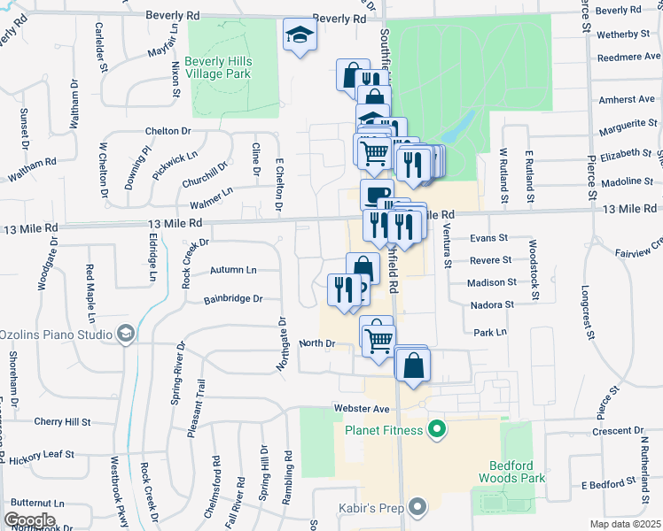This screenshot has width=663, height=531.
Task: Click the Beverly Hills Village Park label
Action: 224,66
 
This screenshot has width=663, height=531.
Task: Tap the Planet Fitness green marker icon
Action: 435,431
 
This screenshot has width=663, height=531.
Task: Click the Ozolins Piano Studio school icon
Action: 126,334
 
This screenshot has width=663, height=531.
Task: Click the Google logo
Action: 29,520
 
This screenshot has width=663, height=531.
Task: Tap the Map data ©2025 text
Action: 625,524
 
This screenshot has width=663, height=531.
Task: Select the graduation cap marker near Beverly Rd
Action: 300,36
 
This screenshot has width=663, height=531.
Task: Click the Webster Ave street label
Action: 363,409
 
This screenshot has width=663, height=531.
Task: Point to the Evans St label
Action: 488,238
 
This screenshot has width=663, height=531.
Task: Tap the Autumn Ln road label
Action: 233,269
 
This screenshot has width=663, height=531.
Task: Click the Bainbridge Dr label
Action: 233,299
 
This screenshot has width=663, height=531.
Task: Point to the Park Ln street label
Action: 489,333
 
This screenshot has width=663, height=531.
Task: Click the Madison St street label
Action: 493,282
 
